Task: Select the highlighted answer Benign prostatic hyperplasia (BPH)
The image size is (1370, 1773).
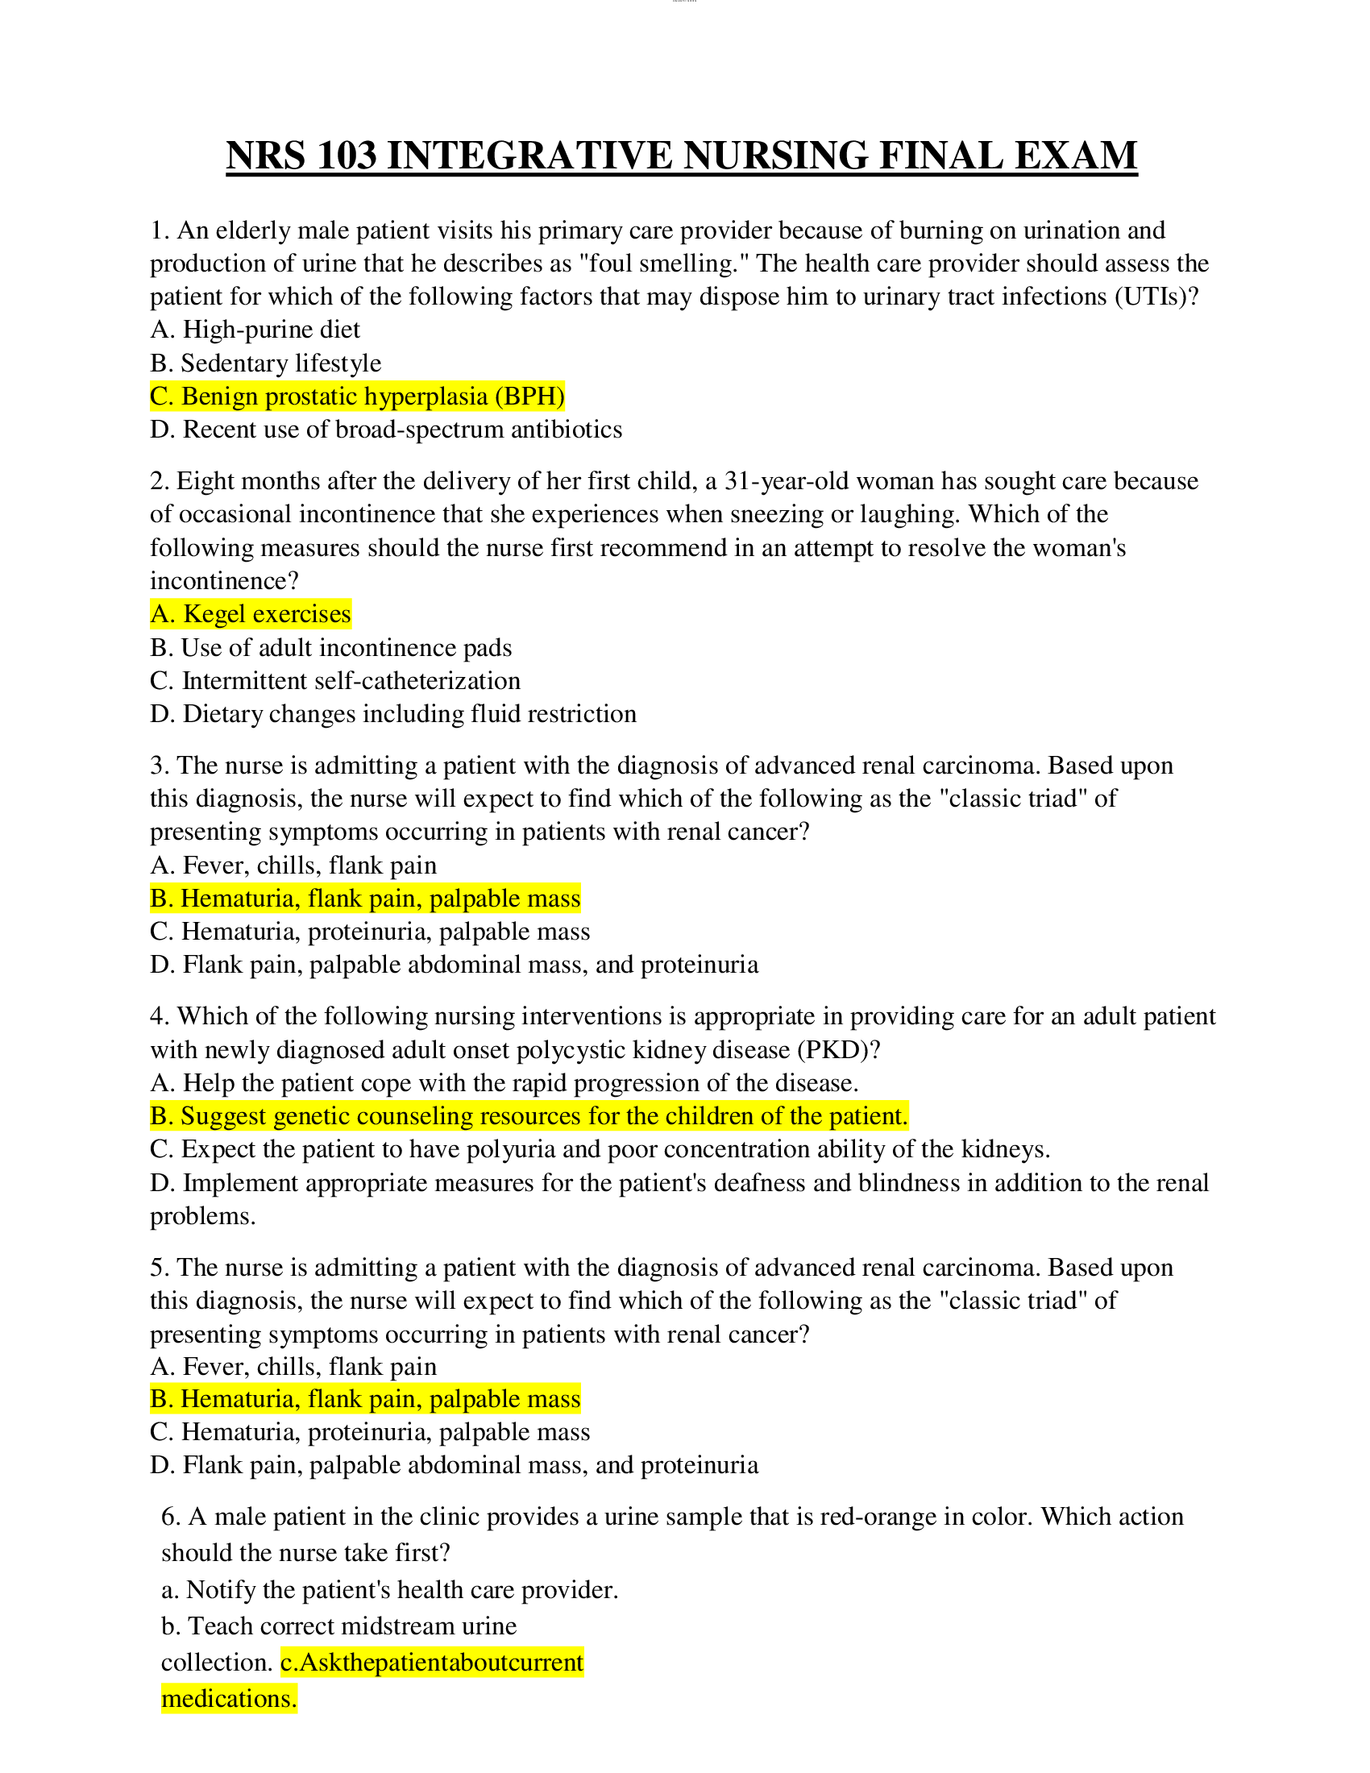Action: (x=357, y=397)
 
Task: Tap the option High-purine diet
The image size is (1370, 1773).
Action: (x=255, y=330)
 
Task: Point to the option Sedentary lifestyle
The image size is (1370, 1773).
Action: (x=265, y=363)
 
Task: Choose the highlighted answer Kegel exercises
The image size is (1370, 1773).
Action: (x=251, y=614)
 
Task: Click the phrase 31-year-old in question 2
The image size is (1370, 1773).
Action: (x=787, y=481)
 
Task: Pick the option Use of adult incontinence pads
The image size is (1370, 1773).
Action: (x=331, y=648)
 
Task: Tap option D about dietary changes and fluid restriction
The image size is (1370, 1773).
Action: (x=392, y=713)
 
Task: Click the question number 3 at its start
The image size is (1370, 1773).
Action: (x=158, y=766)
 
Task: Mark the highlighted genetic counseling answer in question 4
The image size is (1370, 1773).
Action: (x=529, y=1116)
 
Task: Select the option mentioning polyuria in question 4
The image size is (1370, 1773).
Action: (x=600, y=1149)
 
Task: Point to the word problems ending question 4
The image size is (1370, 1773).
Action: (x=202, y=1216)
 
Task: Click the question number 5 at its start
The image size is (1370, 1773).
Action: (x=158, y=1267)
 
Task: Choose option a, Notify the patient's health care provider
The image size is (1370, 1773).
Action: (x=389, y=1589)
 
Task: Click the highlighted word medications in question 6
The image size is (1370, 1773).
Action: (x=229, y=1698)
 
